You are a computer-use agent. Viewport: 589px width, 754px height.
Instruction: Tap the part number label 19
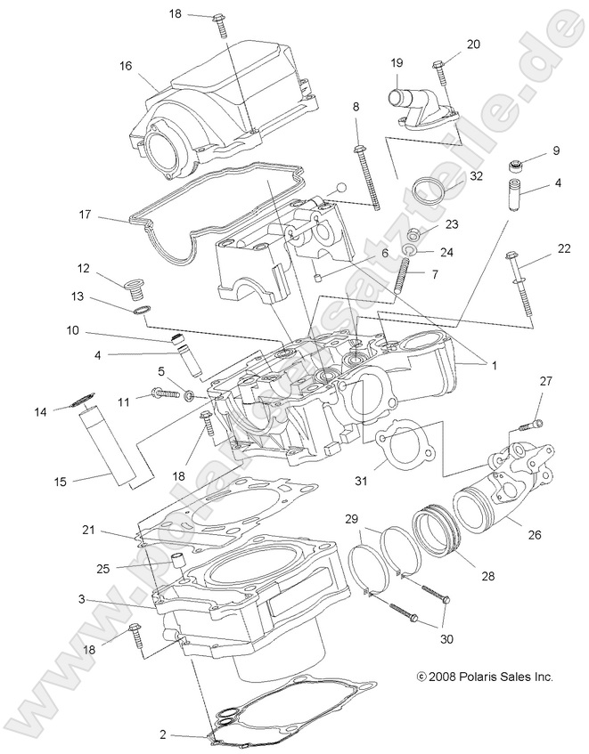397,63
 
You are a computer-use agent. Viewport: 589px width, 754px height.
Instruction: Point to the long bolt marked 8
365,178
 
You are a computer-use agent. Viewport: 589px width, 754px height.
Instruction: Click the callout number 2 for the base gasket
162,734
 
